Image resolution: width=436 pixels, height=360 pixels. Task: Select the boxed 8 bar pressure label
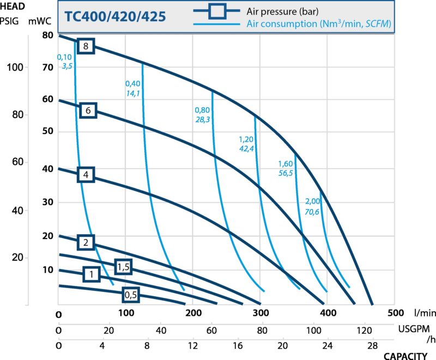click(x=86, y=46)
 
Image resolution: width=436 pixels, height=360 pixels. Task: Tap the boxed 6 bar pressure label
click(x=88, y=110)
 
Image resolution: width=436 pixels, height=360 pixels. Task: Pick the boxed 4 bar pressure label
click(x=86, y=175)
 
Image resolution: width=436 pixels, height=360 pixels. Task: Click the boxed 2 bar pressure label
click(x=86, y=242)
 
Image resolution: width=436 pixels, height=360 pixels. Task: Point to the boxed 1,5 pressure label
click(x=124, y=266)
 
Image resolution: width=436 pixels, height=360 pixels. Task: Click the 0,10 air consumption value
click(x=64, y=57)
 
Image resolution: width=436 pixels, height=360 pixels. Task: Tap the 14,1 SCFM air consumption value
click(x=132, y=93)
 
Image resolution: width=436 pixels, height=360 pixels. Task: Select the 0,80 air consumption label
click(x=202, y=109)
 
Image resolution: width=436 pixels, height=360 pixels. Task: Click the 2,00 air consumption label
click(x=312, y=202)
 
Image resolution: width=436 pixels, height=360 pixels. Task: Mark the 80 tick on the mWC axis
click(x=48, y=36)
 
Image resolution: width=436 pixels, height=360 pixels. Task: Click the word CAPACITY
click(x=405, y=356)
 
